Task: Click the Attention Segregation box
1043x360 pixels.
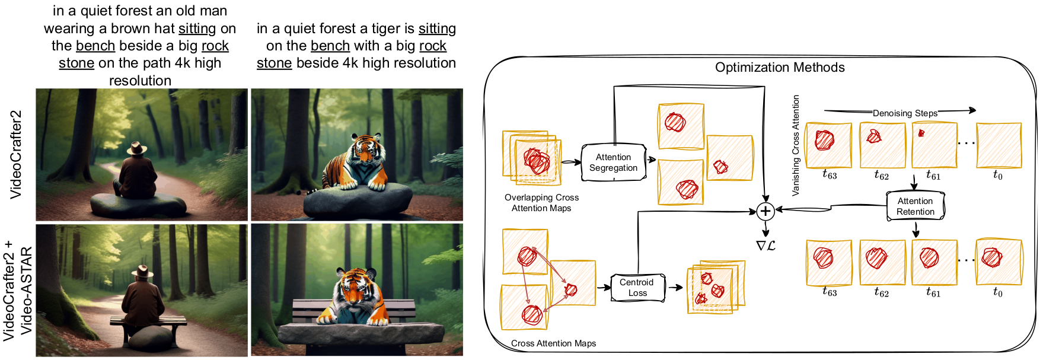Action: (613, 163)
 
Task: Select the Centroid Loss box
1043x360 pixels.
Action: (637, 288)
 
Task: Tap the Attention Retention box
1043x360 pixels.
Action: (915, 206)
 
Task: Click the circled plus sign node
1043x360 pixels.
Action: (765, 211)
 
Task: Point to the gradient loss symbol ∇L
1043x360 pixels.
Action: (765, 245)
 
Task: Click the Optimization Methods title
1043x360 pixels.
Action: (780, 68)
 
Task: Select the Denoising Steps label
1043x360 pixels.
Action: (905, 113)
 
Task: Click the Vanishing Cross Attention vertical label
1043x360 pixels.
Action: (796, 145)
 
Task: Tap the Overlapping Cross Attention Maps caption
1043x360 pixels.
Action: (541, 203)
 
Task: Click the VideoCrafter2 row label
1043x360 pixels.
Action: (16, 154)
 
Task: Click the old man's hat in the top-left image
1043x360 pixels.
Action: (138, 148)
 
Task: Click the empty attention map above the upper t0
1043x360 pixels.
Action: (999, 145)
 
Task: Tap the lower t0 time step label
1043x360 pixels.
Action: (998, 292)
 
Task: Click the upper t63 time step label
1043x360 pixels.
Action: (830, 175)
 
